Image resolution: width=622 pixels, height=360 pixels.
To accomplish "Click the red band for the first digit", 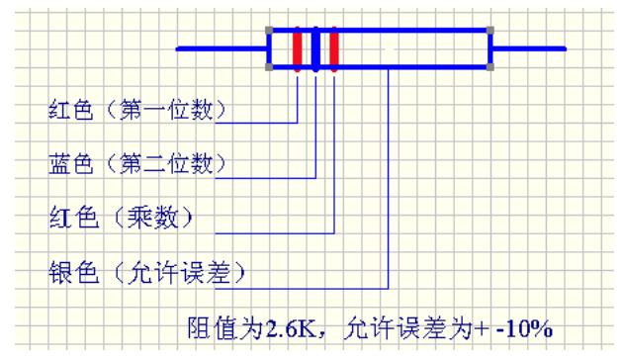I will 298,49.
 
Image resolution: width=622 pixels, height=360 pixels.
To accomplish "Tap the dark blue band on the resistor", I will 316,49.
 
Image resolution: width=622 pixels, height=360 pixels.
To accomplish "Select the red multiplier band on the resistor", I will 334,49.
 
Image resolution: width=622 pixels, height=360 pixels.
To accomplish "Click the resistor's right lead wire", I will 528,48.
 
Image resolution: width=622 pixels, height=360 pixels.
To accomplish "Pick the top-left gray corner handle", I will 270,31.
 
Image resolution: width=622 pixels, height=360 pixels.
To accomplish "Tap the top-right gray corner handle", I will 491,31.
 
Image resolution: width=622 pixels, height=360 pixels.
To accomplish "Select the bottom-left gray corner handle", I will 270,67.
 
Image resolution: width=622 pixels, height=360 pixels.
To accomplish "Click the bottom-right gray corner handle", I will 491,67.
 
